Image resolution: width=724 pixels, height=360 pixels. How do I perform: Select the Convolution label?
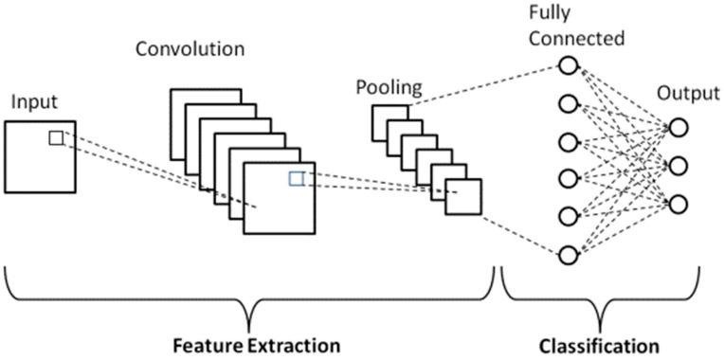coord(189,47)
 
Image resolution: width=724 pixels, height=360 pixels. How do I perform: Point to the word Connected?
coord(577,39)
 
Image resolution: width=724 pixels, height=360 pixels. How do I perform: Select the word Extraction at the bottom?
coord(294,342)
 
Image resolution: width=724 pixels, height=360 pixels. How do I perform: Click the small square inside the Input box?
coord(56,138)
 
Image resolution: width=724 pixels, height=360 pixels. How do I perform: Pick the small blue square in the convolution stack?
coord(297,178)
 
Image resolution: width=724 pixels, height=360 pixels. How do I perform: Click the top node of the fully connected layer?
coord(568,65)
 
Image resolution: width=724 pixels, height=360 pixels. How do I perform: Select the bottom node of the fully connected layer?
coord(568,255)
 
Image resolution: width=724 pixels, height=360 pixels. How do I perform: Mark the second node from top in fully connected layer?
coord(568,103)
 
